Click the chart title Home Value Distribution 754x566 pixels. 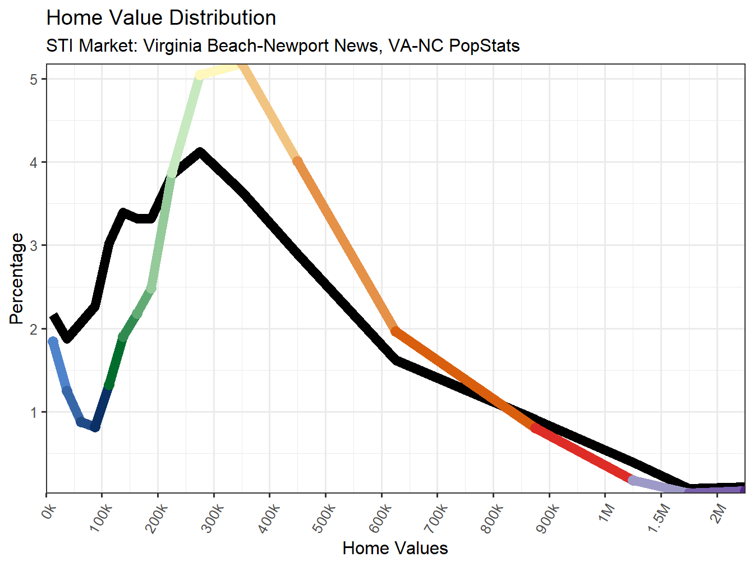[x=161, y=18]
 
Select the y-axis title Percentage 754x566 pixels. [x=17, y=279]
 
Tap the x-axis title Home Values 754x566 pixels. [x=395, y=548]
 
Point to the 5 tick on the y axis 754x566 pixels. [x=34, y=79]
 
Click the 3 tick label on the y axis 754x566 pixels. [x=34, y=246]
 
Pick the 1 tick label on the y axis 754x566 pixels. [x=34, y=413]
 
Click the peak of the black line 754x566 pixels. [x=200, y=152]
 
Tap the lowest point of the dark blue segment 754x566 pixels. [x=95, y=427]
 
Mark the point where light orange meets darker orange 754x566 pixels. [x=298, y=162]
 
